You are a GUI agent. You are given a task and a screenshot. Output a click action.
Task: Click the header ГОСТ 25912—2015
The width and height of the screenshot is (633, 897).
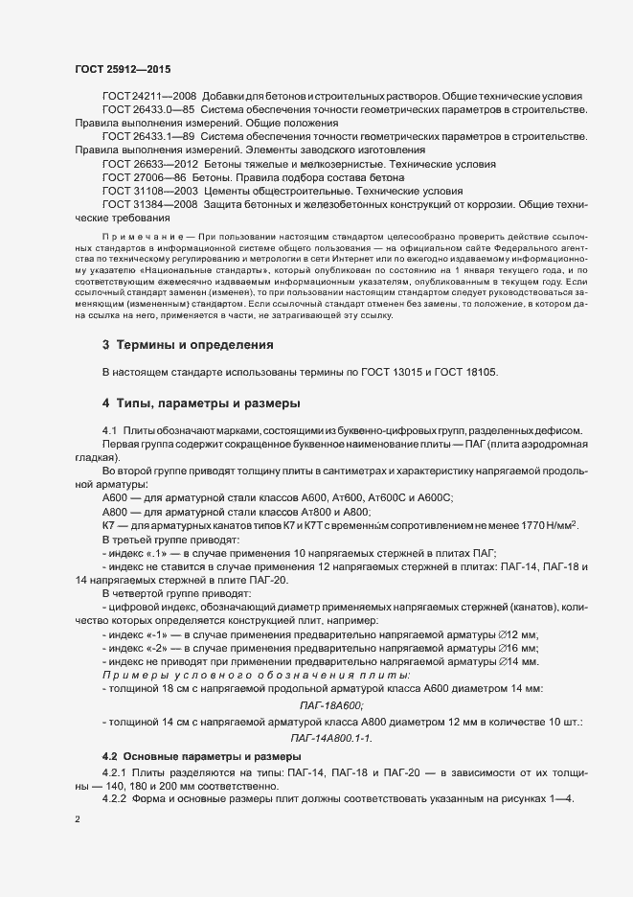122,70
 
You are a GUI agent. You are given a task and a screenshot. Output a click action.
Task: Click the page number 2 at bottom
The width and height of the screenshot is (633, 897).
77,819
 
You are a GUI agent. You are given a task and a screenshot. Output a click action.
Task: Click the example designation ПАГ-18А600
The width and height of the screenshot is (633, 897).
339,704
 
